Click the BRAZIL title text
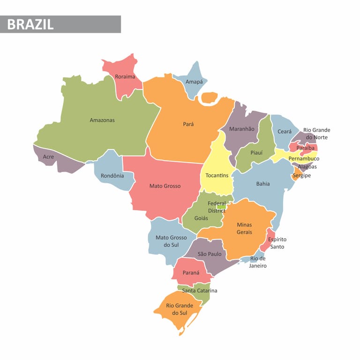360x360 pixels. point(30,24)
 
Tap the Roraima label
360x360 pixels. point(125,76)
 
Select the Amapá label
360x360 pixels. point(194,82)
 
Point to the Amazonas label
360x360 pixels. point(102,120)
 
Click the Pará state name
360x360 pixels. point(188,124)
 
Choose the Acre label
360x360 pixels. point(48,157)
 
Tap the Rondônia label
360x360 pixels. point(112,176)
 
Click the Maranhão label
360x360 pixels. point(242,129)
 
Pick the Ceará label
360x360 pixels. point(285,132)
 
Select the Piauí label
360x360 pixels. point(256,152)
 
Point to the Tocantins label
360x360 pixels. point(217,175)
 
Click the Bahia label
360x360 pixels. point(263,184)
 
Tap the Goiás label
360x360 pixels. point(201,218)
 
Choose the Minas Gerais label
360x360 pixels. point(244,228)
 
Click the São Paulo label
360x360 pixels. point(210,254)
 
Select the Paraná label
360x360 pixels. point(191,273)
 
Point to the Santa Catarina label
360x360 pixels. point(200,291)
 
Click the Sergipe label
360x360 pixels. point(302,176)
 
